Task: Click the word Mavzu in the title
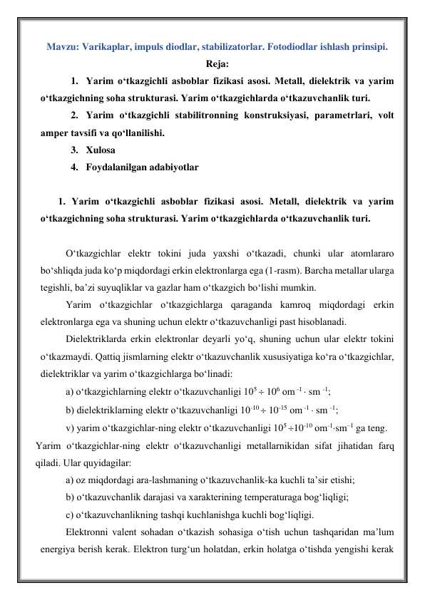[61, 48]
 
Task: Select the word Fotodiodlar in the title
[289, 48]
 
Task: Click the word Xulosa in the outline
[98, 150]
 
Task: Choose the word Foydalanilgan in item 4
[116, 168]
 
